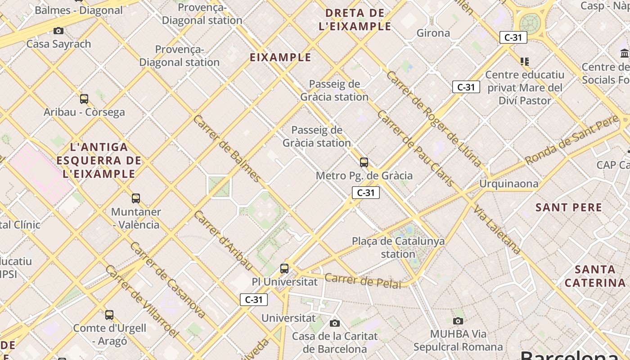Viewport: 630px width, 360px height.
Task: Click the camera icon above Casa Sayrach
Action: pyautogui.click(x=58, y=31)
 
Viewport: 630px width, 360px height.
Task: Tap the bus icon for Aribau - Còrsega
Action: pyautogui.click(x=84, y=99)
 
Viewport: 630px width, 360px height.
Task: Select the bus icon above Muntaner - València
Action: pyautogui.click(x=135, y=198)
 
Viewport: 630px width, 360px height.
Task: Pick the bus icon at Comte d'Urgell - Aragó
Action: pyautogui.click(x=109, y=315)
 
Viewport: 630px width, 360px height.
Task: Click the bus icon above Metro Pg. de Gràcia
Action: pyautogui.click(x=364, y=162)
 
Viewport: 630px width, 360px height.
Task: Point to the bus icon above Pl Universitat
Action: pyautogui.click(x=284, y=268)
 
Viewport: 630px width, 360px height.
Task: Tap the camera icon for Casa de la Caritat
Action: pyautogui.click(x=335, y=323)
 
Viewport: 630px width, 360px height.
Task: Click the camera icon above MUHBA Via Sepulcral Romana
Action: pyautogui.click(x=458, y=320)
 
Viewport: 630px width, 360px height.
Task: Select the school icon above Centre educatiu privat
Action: pyautogui.click(x=524, y=61)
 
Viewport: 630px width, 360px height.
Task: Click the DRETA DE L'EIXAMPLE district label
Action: pyautogui.click(x=355, y=19)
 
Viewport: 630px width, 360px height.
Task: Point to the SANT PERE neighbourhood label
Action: pyautogui.click(x=569, y=207)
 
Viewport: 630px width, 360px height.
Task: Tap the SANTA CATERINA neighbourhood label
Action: pyautogui.click(x=595, y=276)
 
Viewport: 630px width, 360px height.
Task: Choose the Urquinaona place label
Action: pyautogui.click(x=508, y=184)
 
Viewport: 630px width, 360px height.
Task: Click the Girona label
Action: pyautogui.click(x=433, y=33)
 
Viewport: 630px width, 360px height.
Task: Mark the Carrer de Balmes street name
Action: pyautogui.click(x=227, y=148)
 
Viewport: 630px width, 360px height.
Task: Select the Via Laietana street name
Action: pyautogui.click(x=497, y=229)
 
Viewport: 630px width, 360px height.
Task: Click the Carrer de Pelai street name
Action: pyautogui.click(x=363, y=281)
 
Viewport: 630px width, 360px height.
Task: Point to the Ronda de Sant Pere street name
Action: pyautogui.click(x=572, y=139)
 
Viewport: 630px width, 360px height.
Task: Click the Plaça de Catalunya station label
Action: pyautogui.click(x=398, y=247)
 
